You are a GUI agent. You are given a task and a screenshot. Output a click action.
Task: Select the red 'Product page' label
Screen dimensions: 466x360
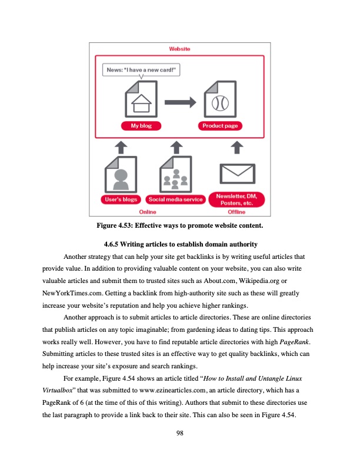click(222, 126)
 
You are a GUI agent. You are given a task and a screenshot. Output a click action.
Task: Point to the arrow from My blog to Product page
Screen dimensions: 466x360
click(180, 102)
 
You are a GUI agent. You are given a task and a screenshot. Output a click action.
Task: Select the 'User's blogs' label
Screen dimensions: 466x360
click(120, 200)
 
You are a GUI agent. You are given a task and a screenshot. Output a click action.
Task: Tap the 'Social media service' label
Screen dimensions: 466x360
click(175, 200)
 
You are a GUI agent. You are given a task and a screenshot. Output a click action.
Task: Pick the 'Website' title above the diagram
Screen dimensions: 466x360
click(179, 48)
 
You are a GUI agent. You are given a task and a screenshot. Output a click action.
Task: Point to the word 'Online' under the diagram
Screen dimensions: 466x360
click(147, 212)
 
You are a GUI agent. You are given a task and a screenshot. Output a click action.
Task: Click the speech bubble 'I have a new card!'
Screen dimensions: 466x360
click(142, 70)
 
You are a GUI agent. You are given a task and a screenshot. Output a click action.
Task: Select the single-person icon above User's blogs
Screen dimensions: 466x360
click(121, 174)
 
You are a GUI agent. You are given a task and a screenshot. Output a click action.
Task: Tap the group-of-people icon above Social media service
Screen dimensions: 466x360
click(175, 175)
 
